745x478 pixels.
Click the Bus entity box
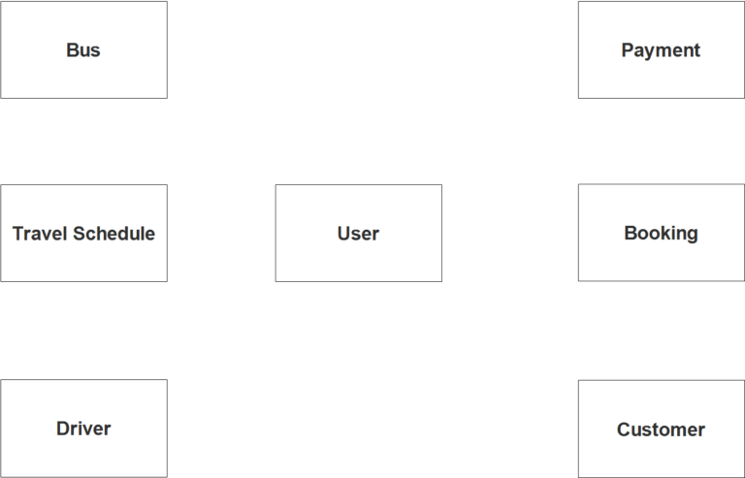click(x=83, y=49)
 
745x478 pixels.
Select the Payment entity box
click(x=662, y=49)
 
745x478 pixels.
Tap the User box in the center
click(x=359, y=233)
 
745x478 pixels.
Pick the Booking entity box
click(x=662, y=233)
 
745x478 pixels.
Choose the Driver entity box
click(x=83, y=429)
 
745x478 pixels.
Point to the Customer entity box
click(x=662, y=430)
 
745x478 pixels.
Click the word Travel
click(x=41, y=234)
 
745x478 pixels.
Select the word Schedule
click(x=114, y=234)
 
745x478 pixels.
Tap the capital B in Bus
click(x=72, y=49)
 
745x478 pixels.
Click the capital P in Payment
click(x=628, y=49)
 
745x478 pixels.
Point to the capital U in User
click(x=343, y=234)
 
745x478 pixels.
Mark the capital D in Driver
click(x=63, y=429)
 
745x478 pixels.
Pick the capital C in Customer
click(x=624, y=430)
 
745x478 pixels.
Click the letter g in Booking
click(x=692, y=235)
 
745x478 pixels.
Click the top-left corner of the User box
click(x=275, y=184)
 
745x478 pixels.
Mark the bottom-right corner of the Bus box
click(x=167, y=98)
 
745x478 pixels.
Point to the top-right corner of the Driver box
click(x=167, y=380)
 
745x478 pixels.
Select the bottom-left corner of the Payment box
click(x=578, y=98)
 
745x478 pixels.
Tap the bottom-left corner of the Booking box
click(x=578, y=281)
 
